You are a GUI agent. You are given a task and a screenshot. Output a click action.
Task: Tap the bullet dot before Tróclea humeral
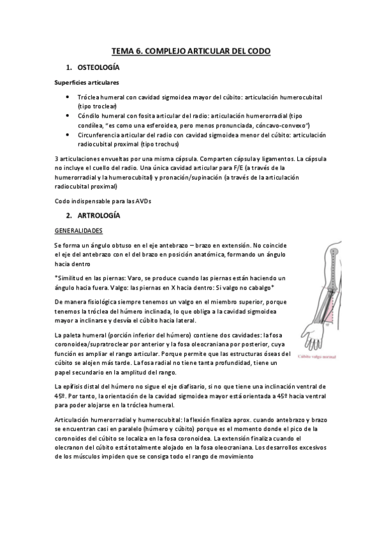coord(68,97)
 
